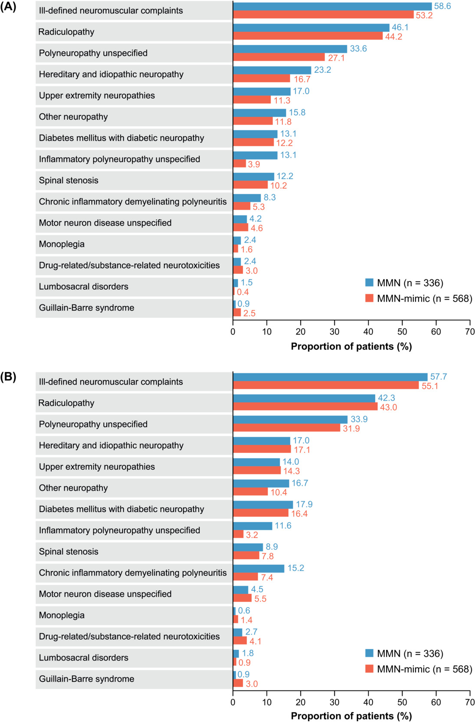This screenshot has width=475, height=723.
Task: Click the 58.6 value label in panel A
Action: [442, 6]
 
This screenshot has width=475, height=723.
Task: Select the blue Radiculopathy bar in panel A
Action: [311, 28]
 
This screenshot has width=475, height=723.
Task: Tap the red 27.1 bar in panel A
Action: [278, 57]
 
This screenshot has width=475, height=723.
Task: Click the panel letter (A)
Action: [8, 7]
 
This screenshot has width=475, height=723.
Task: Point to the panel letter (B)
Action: [8, 377]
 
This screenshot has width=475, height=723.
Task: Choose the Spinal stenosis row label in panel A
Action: [69, 180]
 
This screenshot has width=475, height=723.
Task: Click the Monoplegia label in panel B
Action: [62, 615]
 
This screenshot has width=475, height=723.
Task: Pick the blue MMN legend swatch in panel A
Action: [369, 283]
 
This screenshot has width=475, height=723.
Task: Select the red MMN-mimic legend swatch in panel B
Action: [369, 669]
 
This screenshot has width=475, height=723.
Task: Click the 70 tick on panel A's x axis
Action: [470, 332]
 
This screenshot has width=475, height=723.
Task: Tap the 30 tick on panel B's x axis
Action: [334, 702]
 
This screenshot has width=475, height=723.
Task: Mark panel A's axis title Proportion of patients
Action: [351, 347]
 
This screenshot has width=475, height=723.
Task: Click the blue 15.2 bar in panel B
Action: [259, 568]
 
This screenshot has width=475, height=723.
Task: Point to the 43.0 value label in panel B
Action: [388, 407]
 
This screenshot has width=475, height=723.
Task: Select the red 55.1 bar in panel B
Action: [326, 385]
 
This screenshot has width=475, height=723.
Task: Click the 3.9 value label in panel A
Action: [254, 164]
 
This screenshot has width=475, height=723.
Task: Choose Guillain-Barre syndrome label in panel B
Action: [86, 679]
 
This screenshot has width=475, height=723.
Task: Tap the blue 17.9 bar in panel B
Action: [263, 504]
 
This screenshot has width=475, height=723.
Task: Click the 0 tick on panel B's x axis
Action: [233, 702]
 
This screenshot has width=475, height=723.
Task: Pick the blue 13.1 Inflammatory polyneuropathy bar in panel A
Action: [255, 155]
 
